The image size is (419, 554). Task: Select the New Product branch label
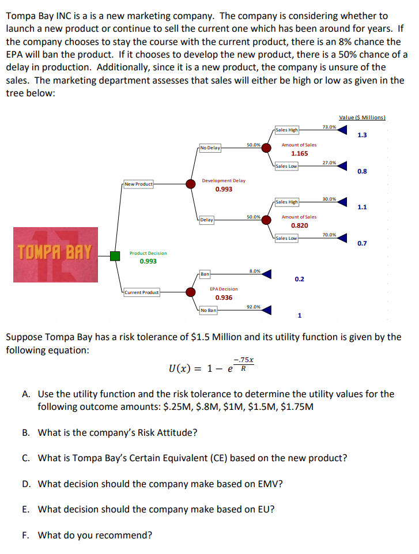[138, 184]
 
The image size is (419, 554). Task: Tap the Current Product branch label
[141, 293]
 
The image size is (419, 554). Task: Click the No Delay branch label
[210, 148]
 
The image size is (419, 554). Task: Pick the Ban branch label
[205, 273]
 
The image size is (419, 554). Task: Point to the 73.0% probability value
[330, 127]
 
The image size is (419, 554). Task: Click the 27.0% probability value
[330, 163]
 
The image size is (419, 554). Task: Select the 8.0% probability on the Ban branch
[254, 270]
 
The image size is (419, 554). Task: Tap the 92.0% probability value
[254, 307]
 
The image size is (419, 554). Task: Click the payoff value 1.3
[362, 135]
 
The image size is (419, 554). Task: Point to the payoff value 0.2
[299, 279]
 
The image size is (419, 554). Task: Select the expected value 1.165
[299, 154]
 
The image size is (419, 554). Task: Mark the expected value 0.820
[299, 226]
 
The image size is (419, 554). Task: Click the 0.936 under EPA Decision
[224, 297]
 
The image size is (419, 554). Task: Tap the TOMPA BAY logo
[55, 254]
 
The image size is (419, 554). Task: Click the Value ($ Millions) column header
[362, 118]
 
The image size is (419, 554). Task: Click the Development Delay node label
[224, 180]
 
